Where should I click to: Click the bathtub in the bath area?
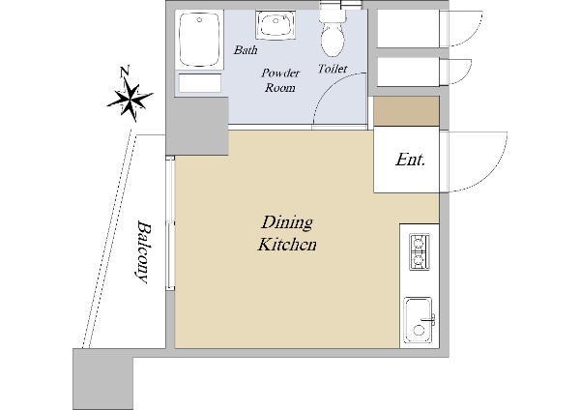point(200,40)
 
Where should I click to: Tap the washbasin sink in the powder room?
point(275,24)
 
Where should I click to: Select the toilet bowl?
point(333,40)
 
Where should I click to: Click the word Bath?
point(246,49)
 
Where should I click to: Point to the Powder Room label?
point(280,80)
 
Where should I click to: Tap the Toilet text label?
point(333,69)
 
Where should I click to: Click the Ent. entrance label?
point(411,160)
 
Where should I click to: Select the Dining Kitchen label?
point(287,233)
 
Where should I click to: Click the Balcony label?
point(143,252)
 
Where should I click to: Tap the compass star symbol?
point(130,100)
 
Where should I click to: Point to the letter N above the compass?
point(125,72)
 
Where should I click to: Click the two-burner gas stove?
point(420,251)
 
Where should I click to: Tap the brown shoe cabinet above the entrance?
point(406,111)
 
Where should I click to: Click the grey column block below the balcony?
point(102,378)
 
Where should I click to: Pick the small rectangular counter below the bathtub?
point(200,83)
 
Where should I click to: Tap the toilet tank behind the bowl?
point(333,15)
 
